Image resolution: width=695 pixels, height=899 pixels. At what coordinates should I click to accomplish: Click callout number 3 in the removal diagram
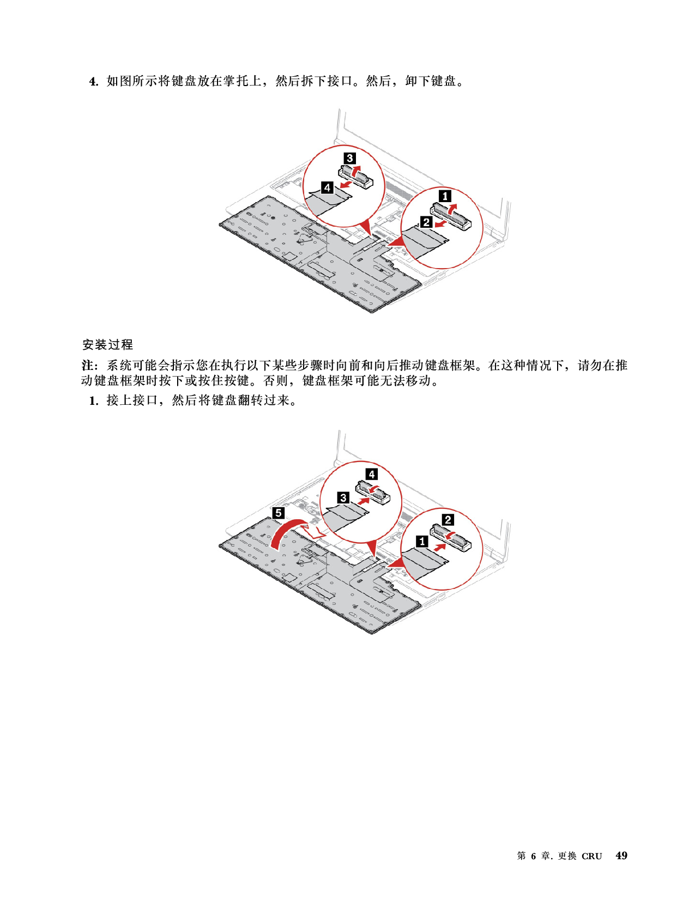point(350,158)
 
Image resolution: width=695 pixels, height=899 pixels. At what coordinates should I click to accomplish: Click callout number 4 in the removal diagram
point(328,188)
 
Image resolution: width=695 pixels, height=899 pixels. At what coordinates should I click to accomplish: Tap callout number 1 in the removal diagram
point(445,196)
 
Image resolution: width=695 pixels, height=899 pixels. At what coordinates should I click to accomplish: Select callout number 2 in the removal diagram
point(426,222)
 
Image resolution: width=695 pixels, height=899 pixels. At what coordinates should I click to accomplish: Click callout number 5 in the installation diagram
point(279,513)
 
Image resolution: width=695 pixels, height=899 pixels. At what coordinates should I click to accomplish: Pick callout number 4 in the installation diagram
point(372,474)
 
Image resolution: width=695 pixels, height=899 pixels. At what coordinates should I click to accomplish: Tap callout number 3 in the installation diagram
point(343,497)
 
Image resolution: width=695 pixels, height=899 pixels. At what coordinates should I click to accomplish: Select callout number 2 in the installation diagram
point(448,520)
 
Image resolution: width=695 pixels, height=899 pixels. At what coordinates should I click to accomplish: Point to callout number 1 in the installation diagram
point(422,541)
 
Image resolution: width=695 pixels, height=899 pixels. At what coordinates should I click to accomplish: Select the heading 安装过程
point(107,344)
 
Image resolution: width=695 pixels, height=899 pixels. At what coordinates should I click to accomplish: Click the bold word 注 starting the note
point(87,365)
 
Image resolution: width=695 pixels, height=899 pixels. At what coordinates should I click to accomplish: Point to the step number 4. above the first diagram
point(94,81)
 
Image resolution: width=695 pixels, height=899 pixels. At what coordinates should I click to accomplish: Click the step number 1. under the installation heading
point(94,401)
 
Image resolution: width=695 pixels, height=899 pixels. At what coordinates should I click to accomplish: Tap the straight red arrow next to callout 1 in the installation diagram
point(440,546)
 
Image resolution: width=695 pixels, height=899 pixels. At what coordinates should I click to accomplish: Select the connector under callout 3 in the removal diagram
point(356,176)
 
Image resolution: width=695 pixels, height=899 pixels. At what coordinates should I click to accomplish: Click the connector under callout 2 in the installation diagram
point(451,537)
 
